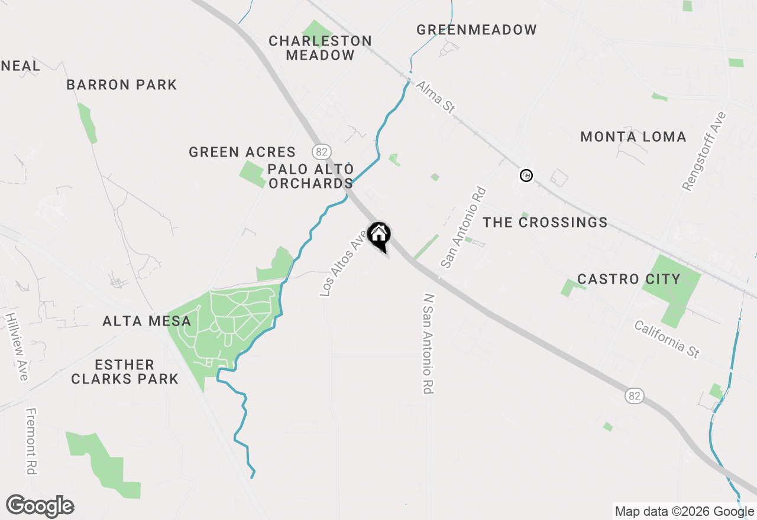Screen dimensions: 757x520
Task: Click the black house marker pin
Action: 379,235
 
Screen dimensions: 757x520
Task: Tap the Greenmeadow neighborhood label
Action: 477,30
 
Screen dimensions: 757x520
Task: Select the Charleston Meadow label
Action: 320,48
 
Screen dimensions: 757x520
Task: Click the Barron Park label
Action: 122,84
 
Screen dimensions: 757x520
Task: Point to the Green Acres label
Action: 242,152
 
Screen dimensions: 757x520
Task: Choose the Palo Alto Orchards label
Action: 310,176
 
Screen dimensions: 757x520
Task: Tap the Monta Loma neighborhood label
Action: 633,137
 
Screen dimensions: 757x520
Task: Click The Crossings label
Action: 545,222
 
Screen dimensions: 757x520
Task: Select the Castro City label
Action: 629,279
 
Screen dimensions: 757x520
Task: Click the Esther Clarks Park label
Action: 125,372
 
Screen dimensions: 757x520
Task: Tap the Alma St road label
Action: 436,97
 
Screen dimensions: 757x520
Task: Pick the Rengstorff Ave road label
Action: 704,151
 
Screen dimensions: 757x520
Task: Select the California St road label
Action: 667,339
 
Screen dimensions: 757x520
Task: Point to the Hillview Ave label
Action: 17,346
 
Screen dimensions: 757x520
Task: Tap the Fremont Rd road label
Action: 31,441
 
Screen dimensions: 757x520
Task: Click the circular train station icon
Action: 526,175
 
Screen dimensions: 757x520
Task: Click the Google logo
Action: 40,506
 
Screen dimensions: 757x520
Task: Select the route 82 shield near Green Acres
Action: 321,152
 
